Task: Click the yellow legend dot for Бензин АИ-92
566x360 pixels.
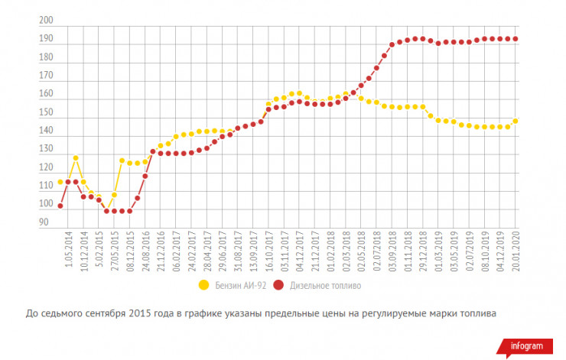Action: point(203,285)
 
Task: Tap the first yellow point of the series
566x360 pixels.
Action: point(60,182)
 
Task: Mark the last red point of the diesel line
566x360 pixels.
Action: point(516,39)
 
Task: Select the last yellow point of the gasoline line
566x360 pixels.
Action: point(516,121)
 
